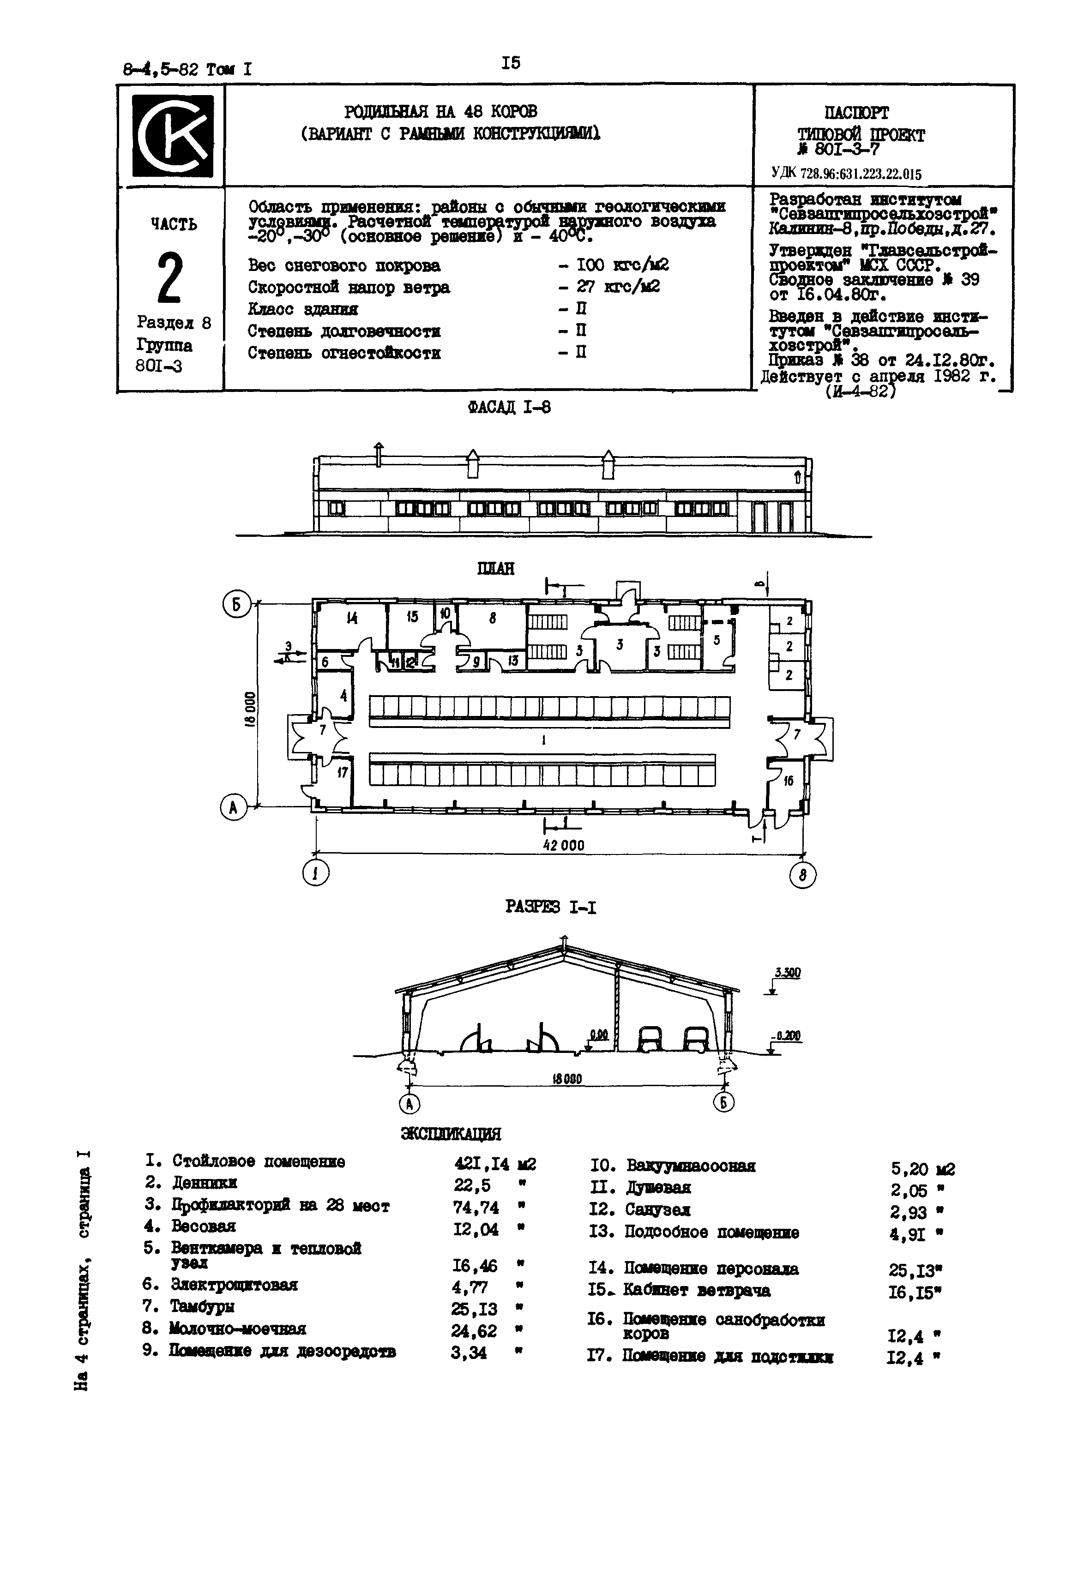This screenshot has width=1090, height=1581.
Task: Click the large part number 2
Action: pos(170,278)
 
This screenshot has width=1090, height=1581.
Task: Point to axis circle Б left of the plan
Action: pos(238,606)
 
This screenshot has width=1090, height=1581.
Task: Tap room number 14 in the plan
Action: pos(352,619)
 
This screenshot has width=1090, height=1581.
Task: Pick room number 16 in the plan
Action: pos(789,780)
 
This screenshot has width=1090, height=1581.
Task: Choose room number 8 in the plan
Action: pos(493,619)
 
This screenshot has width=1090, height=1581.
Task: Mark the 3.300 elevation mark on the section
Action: pos(788,973)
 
